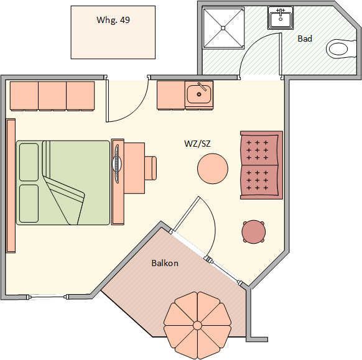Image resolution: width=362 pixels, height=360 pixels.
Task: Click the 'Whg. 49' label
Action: (x=113, y=20)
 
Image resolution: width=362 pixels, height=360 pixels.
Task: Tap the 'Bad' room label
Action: (x=305, y=39)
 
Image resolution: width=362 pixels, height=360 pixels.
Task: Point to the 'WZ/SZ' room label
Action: (x=197, y=144)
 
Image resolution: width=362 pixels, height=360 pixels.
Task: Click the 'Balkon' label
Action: (x=165, y=263)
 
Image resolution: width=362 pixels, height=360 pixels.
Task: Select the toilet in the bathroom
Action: (x=340, y=49)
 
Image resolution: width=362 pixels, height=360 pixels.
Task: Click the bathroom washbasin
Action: (x=281, y=18)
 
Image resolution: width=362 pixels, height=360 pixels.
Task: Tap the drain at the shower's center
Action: (x=223, y=28)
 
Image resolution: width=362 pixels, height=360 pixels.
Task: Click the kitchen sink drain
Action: (x=199, y=94)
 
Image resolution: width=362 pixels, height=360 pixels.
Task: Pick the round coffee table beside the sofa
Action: (x=213, y=168)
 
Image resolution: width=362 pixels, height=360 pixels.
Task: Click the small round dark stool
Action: (x=253, y=231)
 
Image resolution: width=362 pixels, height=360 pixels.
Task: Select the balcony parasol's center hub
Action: (x=197, y=325)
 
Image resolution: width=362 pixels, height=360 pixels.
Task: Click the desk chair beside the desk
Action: (x=151, y=168)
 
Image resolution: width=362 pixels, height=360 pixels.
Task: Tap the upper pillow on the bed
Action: (x=29, y=162)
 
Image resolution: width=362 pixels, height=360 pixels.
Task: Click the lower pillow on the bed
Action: (x=29, y=203)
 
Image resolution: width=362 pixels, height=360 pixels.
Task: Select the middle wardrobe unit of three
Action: (x=52, y=96)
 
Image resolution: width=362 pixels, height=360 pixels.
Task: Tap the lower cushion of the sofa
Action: (x=259, y=180)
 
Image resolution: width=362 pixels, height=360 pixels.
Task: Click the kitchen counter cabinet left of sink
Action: (x=171, y=95)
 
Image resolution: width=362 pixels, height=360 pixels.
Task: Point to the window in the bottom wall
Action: (x=49, y=297)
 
